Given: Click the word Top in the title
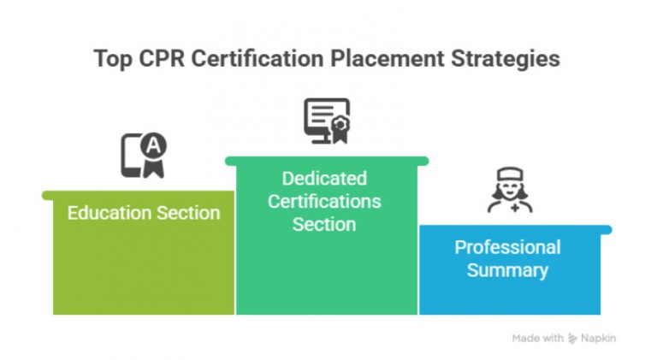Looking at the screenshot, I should coord(113,58).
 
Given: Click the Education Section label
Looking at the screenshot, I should coord(144,213).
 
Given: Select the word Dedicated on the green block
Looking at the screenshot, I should coord(324,179).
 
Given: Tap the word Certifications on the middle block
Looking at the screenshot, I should coord(324,202).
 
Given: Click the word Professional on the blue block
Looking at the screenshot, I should coord(507,247).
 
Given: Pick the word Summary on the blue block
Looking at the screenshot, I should coord(507,270).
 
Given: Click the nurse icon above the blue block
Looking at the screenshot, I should coord(510,190).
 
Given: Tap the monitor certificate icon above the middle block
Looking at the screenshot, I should coord(326,121).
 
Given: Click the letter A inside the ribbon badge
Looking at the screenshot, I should coord(153,146).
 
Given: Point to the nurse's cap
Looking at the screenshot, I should coord(510,174).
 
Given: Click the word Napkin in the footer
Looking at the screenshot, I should coord(598,338).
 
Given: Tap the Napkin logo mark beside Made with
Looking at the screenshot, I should coord(572,338).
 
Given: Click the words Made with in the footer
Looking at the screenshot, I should coord(537,338).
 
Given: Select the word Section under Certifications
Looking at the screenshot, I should coord(324,225).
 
